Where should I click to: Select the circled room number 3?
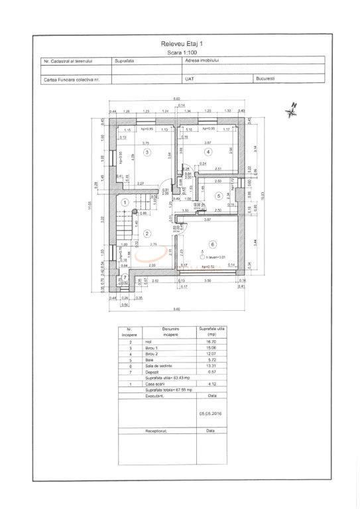tap(148, 152)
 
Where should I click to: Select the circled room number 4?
tap(208, 152)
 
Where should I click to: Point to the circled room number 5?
tap(218, 196)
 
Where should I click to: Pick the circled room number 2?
tap(148, 233)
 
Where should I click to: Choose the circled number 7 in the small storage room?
tap(125, 277)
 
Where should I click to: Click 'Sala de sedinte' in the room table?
tap(170, 366)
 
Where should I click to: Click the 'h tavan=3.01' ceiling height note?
tap(217, 256)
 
